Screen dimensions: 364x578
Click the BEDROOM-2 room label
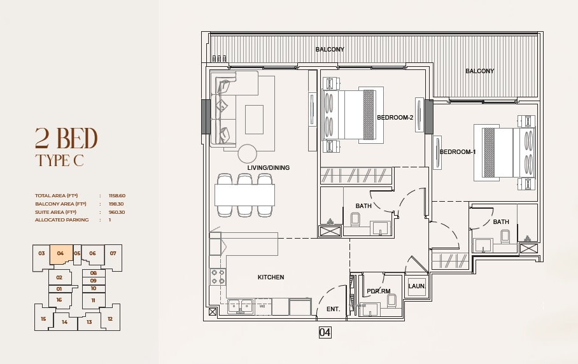click(x=395, y=118)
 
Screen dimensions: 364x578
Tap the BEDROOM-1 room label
click(x=458, y=152)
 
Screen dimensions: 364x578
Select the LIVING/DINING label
click(x=269, y=168)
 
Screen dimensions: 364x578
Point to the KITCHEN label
click(x=271, y=277)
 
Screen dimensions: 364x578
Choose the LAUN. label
click(x=417, y=286)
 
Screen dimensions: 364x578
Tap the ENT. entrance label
click(x=334, y=309)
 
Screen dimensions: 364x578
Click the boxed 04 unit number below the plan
click(x=325, y=332)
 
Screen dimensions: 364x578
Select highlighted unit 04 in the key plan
click(x=60, y=253)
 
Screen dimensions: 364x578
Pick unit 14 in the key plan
click(x=64, y=322)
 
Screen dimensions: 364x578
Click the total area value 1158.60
click(x=118, y=196)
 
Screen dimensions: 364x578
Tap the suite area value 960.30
click(x=117, y=212)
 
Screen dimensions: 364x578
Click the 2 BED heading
click(x=66, y=137)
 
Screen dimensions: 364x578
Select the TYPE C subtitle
click(x=59, y=160)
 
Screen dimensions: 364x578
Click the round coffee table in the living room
click(x=248, y=153)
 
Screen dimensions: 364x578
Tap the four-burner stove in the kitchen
click(x=218, y=276)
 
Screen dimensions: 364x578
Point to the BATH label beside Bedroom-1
click(x=501, y=222)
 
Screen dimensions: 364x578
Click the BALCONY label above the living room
click(x=330, y=49)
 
